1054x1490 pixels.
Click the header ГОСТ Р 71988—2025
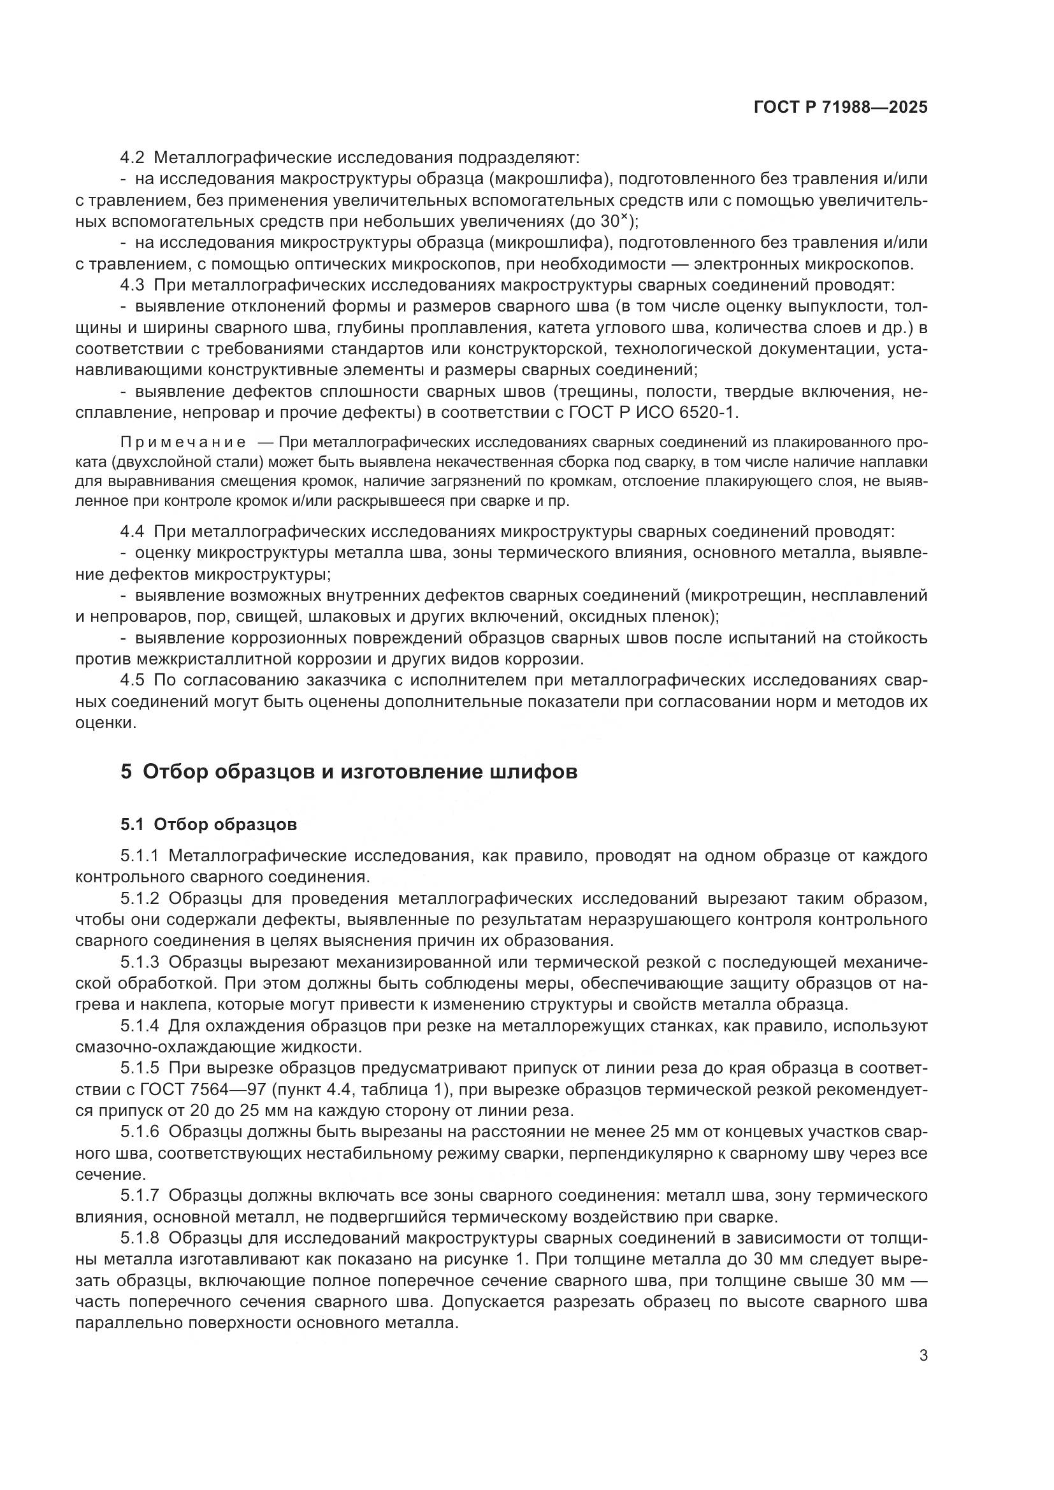click(x=841, y=108)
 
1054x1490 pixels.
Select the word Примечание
click(x=184, y=443)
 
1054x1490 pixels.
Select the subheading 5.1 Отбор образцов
click(x=208, y=824)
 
